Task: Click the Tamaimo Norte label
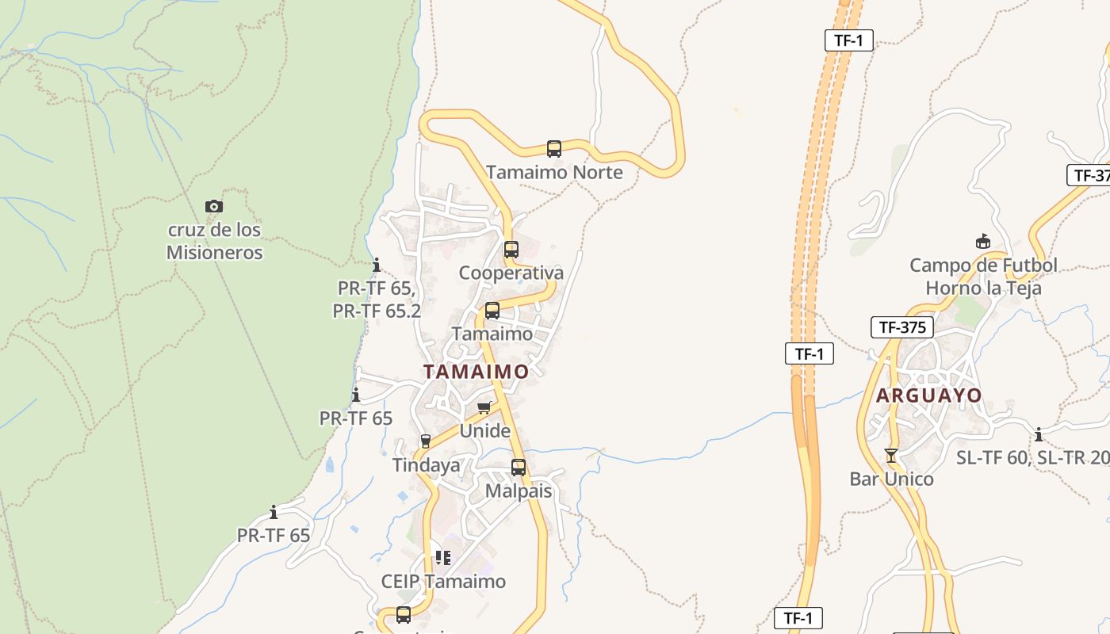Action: pyautogui.click(x=554, y=172)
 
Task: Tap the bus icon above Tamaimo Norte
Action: pyautogui.click(x=554, y=148)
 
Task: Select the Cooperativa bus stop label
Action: pyautogui.click(x=511, y=273)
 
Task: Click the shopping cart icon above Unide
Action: pyautogui.click(x=484, y=407)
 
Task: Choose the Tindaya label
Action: pyautogui.click(x=427, y=465)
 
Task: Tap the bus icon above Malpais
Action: pyautogui.click(x=519, y=468)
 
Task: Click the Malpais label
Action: pyautogui.click(x=519, y=491)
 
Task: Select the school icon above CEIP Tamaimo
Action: pyautogui.click(x=443, y=558)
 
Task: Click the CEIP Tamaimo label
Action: pyautogui.click(x=443, y=581)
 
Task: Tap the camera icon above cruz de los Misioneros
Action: pyautogui.click(x=214, y=207)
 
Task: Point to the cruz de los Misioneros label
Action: pyautogui.click(x=214, y=241)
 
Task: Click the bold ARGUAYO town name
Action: pyautogui.click(x=928, y=395)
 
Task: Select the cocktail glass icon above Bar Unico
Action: pyautogui.click(x=891, y=456)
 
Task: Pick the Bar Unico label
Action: pyautogui.click(x=891, y=479)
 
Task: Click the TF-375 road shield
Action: pyautogui.click(x=902, y=327)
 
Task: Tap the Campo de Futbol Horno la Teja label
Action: pyautogui.click(x=983, y=277)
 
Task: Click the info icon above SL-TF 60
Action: pyautogui.click(x=1039, y=434)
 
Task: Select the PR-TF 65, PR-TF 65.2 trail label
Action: pyautogui.click(x=377, y=300)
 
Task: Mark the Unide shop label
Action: pyautogui.click(x=485, y=430)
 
